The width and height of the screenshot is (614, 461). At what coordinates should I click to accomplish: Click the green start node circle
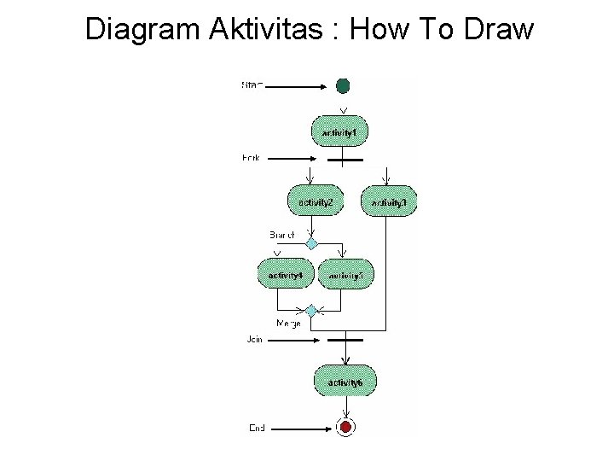[343, 85]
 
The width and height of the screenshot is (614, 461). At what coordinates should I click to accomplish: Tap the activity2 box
[316, 201]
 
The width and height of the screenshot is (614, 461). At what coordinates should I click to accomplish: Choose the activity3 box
[390, 202]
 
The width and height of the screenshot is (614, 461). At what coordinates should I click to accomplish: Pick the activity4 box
[286, 275]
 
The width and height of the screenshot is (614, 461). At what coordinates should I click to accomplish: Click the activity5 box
[345, 275]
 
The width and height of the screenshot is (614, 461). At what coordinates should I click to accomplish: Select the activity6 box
[344, 382]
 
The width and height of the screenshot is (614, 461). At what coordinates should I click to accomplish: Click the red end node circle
[345, 427]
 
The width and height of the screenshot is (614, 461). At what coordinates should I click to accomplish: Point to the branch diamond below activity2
[312, 243]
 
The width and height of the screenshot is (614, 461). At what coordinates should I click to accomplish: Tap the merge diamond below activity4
[312, 310]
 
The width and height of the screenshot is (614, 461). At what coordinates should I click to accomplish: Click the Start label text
[252, 85]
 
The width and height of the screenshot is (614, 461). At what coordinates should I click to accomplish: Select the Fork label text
[252, 158]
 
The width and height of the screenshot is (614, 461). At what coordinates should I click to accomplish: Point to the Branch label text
[281, 234]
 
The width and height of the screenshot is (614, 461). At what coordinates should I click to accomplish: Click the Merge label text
[288, 324]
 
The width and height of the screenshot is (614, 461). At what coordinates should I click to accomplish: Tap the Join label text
[254, 340]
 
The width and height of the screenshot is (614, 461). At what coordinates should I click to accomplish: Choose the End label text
[256, 427]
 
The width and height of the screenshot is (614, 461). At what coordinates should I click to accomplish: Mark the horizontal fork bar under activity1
[345, 159]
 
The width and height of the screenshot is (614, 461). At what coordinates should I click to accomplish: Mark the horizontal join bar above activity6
[345, 340]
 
